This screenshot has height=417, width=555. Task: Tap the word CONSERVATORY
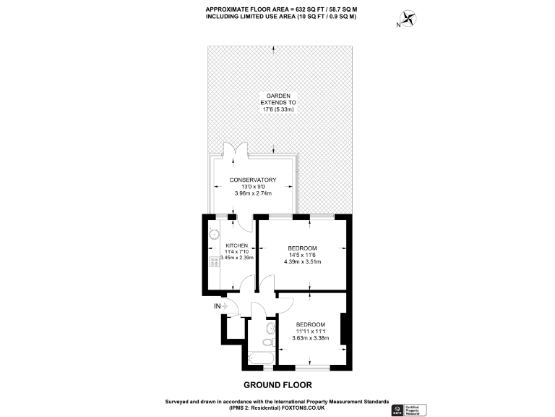[253, 180]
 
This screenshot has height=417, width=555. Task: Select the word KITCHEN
[237, 245]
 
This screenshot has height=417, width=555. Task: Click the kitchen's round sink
[214, 235]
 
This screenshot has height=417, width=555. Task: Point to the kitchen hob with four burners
[215, 262]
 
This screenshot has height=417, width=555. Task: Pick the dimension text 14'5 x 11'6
[302, 255]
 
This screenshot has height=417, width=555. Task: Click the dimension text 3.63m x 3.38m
[310, 338]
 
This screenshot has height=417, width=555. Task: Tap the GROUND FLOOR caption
[277, 384]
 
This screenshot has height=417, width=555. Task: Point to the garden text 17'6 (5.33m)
[278, 111]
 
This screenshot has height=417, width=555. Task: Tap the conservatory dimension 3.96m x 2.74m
[253, 193]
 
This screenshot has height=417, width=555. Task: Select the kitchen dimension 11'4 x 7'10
[237, 252]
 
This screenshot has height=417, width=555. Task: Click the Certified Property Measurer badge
[419, 410]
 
